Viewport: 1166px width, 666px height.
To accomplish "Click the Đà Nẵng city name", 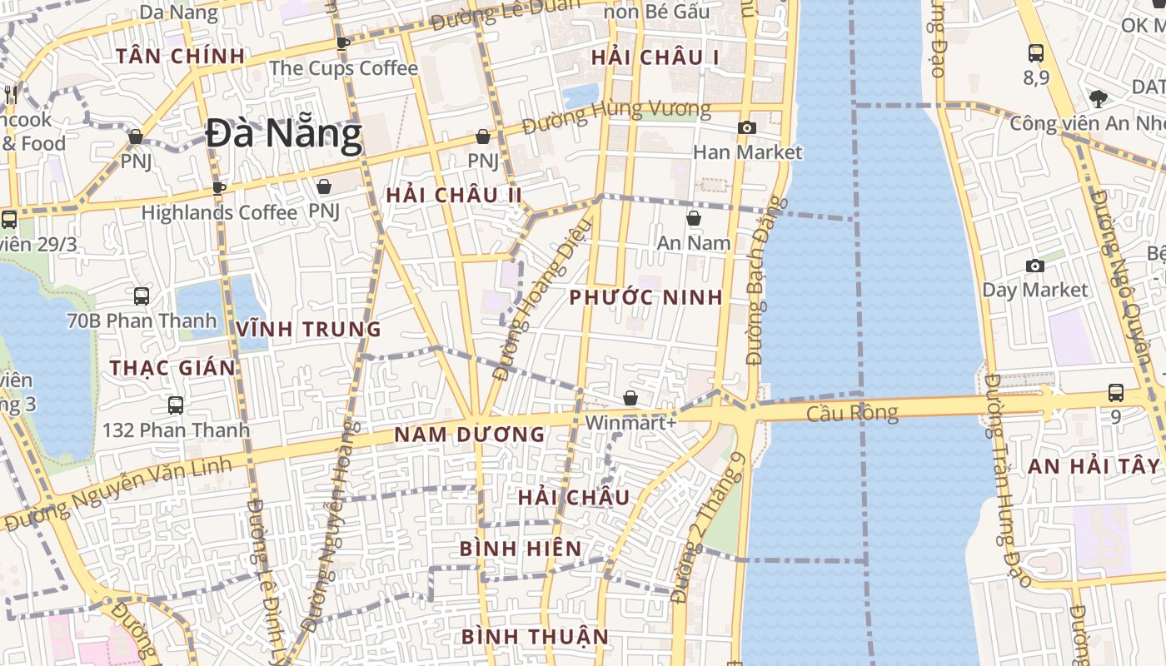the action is tap(284, 134).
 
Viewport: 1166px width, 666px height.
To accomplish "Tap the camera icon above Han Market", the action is tap(747, 127).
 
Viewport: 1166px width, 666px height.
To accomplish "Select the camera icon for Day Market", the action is tap(1035, 266).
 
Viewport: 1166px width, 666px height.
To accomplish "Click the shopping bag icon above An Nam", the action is tap(693, 218).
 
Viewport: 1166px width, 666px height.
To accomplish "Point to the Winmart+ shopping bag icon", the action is tap(630, 398).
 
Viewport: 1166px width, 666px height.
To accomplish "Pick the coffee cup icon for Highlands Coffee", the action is tap(219, 188).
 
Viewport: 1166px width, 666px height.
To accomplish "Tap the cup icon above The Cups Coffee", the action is tap(342, 43).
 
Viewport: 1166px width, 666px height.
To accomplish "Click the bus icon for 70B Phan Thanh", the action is tap(142, 296).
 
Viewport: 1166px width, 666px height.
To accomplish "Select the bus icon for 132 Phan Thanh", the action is tap(176, 405).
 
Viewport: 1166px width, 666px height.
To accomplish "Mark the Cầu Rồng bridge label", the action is tap(852, 413).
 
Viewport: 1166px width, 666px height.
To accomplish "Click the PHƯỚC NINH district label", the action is tap(645, 298).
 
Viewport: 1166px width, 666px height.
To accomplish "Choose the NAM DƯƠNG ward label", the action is tap(469, 435).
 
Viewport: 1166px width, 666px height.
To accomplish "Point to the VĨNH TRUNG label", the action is tap(308, 330).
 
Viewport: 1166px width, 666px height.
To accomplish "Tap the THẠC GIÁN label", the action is tap(172, 368).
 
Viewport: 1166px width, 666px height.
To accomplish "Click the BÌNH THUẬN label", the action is tap(535, 637).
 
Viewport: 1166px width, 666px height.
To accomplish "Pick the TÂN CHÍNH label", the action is tap(180, 57).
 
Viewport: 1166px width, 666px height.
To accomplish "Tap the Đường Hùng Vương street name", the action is tap(616, 117).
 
